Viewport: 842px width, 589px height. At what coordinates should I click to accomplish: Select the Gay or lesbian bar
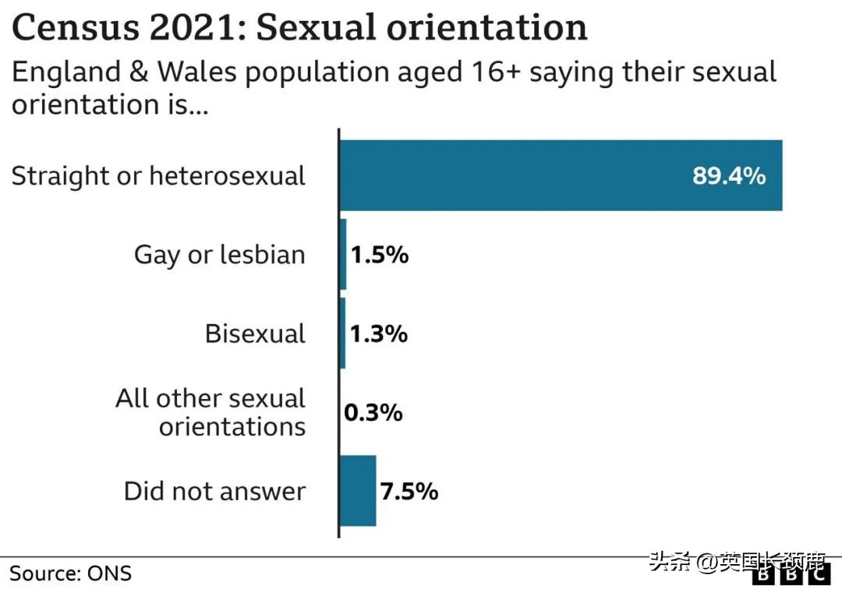click(x=343, y=255)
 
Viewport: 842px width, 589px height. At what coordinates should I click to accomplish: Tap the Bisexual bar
click(x=342, y=333)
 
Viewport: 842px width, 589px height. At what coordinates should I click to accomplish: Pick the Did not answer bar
click(x=358, y=491)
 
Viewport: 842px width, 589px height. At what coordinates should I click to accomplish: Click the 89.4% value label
click(x=729, y=175)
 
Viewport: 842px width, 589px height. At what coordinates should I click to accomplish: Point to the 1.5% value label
click(x=379, y=255)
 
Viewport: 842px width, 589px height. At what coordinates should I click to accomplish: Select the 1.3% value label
click(x=378, y=333)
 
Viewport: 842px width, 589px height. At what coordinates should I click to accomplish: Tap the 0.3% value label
click(x=373, y=412)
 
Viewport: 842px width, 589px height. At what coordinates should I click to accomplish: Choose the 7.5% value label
click(x=409, y=492)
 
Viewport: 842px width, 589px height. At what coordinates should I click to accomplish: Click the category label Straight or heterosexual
click(x=158, y=176)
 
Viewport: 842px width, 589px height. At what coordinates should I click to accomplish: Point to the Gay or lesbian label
click(x=219, y=255)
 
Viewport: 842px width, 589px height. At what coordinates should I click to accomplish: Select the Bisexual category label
click(x=255, y=333)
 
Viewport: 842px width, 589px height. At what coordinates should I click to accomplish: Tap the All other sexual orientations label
click(x=210, y=412)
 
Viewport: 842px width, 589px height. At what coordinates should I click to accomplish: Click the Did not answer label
click(x=214, y=492)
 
